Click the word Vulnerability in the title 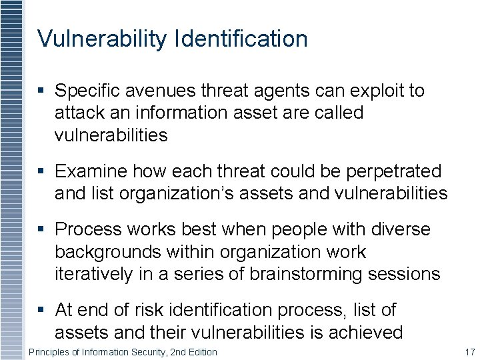pos(102,39)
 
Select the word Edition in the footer pos(201,351)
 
